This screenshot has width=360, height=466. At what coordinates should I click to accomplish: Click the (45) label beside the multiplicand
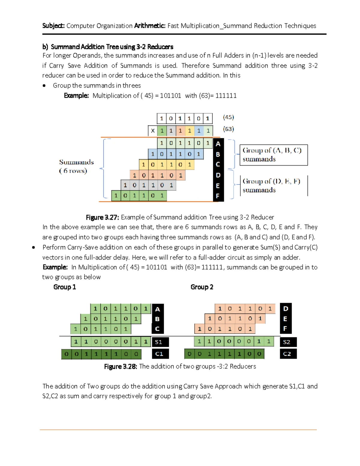(228, 117)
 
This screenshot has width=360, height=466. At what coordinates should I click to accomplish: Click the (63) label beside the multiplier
(228, 129)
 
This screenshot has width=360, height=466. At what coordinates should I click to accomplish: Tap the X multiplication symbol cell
(153, 131)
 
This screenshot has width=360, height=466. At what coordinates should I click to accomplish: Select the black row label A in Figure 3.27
(218, 144)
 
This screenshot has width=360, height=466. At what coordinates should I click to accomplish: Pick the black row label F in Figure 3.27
(218, 196)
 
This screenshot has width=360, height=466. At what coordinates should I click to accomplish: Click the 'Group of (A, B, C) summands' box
(273, 155)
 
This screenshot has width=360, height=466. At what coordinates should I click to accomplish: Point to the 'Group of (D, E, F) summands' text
(271, 185)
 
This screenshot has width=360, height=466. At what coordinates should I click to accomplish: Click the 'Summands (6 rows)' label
(76, 166)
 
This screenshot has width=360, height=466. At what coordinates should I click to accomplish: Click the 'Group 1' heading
(64, 287)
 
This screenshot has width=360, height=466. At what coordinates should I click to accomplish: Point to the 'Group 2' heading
(202, 287)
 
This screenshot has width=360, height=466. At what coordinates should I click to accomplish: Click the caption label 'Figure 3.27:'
(102, 217)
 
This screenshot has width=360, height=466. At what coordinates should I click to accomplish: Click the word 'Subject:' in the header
(53, 26)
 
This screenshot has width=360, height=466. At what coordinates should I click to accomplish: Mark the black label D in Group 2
(286, 309)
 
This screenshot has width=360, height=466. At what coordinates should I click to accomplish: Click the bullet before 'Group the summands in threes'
(44, 86)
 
